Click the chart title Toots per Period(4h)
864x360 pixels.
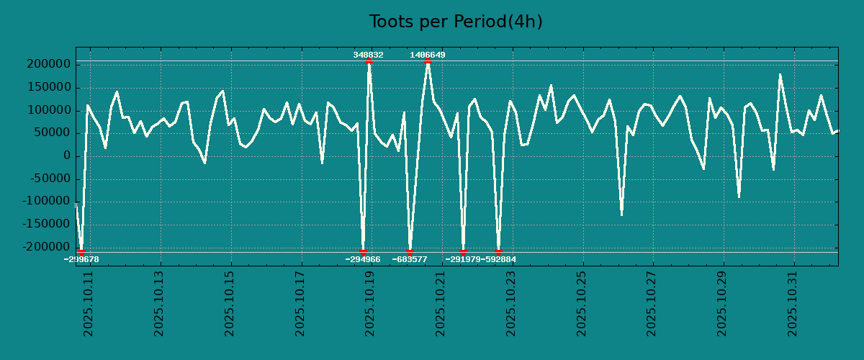[456, 22]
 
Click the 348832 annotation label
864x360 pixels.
[368, 55]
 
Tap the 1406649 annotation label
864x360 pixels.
[428, 55]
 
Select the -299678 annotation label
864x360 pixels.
[81, 259]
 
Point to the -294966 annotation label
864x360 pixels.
[363, 259]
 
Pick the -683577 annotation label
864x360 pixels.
[410, 259]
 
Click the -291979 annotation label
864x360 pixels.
[463, 259]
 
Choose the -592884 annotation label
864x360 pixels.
[498, 259]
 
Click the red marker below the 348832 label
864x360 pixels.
[369, 61]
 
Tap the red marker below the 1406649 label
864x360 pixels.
[428, 61]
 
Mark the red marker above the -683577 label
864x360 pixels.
[410, 252]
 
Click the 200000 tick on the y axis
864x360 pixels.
[49, 65]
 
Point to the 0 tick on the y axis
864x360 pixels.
[66, 156]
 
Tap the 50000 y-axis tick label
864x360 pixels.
[53, 133]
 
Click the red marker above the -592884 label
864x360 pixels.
[498, 252]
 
